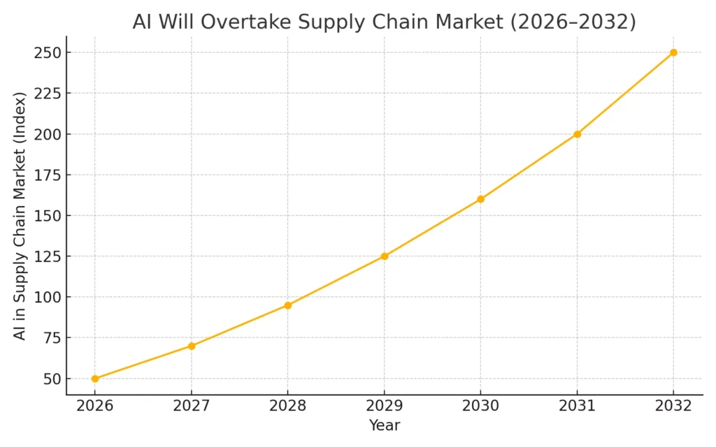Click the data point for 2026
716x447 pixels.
click(95, 379)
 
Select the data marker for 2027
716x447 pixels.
click(192, 346)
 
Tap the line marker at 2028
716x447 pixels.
click(288, 305)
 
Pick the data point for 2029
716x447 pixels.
click(385, 256)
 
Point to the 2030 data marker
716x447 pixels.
click(481, 199)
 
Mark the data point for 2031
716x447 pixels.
click(578, 134)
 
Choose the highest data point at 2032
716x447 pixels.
click(673, 52)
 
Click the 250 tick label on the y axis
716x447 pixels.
click(45, 53)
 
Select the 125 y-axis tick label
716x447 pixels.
click(45, 256)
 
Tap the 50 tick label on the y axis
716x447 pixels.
click(50, 379)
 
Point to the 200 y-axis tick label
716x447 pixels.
click(45, 134)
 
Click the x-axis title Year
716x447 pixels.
click(384, 425)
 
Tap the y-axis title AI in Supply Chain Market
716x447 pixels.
click(20, 216)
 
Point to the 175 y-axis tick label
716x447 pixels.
click(45, 175)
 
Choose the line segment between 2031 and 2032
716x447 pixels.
click(626, 93)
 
